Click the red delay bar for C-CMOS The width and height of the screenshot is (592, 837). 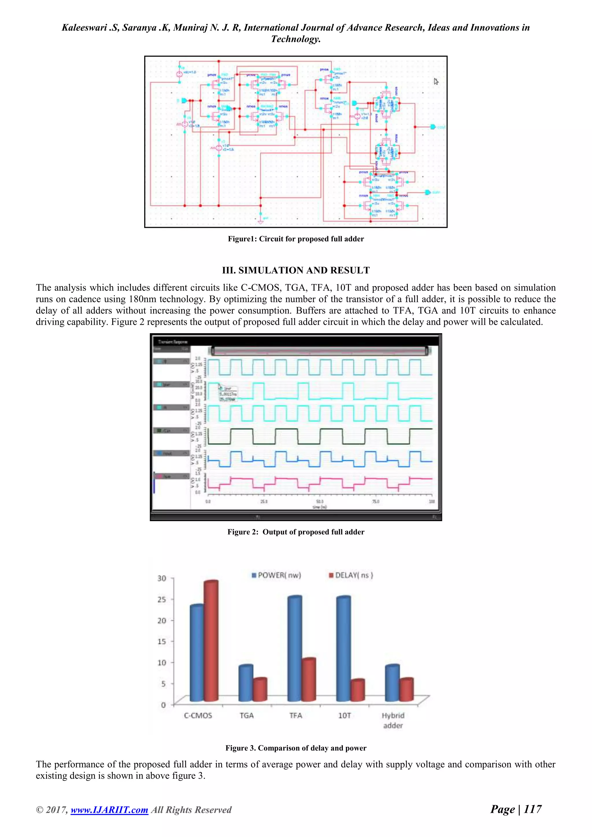click(211, 642)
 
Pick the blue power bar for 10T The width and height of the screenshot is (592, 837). click(343, 649)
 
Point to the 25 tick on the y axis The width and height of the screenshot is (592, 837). click(162, 599)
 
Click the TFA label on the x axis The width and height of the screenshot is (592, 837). click(296, 715)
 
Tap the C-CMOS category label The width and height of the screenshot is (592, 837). click(198, 715)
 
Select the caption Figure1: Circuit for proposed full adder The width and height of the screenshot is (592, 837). click(296, 239)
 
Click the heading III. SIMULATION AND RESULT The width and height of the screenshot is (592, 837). click(296, 270)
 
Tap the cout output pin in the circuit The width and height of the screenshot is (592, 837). click(433, 127)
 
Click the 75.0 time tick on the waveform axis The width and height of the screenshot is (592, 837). click(375, 502)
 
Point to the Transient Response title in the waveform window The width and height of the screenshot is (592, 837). click(173, 342)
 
